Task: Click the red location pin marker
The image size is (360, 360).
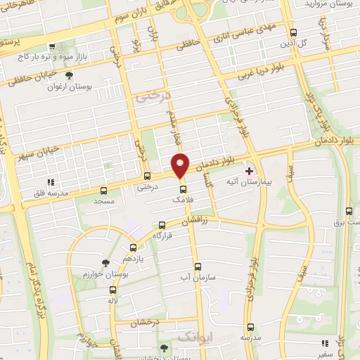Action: [x=181, y=165]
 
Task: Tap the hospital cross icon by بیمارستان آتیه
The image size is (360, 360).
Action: [x=249, y=171]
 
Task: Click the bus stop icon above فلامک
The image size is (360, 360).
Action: [x=183, y=189]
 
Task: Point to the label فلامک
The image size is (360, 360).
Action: [x=181, y=200]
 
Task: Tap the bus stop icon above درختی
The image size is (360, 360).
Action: [x=146, y=176]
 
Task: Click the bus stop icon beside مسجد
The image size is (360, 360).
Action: [x=103, y=190]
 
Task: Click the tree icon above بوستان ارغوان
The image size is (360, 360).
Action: [x=69, y=75]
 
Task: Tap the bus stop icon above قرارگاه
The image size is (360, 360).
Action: [x=163, y=225]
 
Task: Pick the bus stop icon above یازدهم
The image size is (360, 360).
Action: [x=134, y=248]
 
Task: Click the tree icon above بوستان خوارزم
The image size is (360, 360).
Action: [x=105, y=262]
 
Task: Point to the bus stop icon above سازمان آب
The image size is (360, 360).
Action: [x=198, y=267]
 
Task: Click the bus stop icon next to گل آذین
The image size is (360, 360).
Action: [x=294, y=32]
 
